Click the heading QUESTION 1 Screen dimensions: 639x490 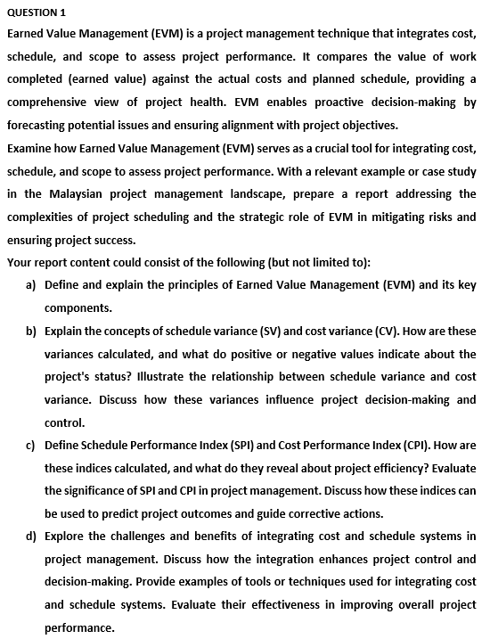tap(37, 12)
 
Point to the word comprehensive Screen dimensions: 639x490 tap(52, 102)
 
